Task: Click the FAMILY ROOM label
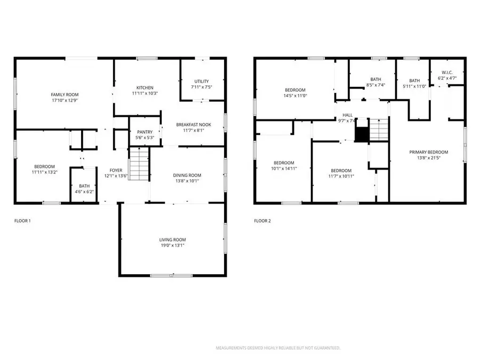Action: (65, 94)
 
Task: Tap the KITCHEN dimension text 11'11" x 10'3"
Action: (145, 93)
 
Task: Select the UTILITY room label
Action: (202, 81)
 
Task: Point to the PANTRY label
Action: (145, 132)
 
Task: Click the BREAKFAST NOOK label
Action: (194, 125)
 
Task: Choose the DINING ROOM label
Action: (187, 175)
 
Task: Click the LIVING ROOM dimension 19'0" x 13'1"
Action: (172, 245)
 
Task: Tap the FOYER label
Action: (116, 170)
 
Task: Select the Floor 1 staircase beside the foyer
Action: (139, 164)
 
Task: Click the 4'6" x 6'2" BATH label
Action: (84, 186)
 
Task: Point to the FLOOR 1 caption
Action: (22, 221)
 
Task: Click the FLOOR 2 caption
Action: (262, 221)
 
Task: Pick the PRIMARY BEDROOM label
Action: (429, 152)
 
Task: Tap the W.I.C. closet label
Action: (447, 73)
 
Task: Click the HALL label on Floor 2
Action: (347, 115)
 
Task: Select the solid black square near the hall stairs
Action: (362, 134)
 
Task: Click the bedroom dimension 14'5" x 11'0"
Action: (295, 95)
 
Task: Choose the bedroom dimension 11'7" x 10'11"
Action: (341, 176)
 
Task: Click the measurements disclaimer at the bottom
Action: (278, 348)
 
